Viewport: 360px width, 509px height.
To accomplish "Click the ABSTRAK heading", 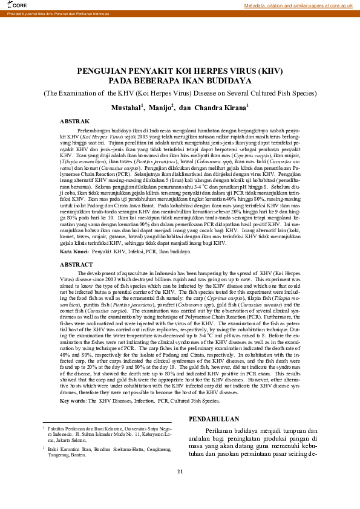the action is (x=74, y=122).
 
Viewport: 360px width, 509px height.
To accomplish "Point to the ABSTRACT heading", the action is (x=76, y=265).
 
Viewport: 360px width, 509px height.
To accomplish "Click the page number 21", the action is (x=180, y=488).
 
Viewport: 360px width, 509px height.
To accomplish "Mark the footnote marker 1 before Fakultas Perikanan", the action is (x=44, y=427).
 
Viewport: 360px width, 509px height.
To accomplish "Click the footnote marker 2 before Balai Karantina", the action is (x=44, y=447).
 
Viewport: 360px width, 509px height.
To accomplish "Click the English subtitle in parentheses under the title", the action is (x=180, y=93).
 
